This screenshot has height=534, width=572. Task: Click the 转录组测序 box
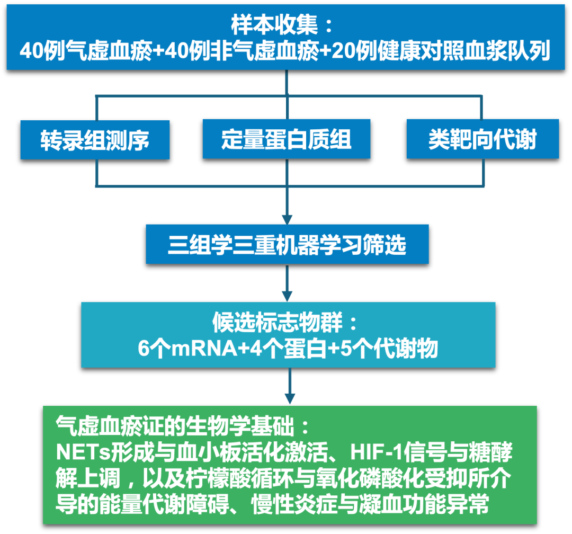tap(95, 140)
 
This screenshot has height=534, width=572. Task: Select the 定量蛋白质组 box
tap(287, 139)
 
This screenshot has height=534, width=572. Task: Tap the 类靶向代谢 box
tap(482, 139)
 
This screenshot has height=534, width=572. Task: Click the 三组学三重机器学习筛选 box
tap(287, 244)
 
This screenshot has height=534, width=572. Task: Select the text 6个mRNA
tap(187, 348)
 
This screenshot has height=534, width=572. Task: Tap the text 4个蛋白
tap(288, 348)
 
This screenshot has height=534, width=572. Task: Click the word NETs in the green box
tap(83, 452)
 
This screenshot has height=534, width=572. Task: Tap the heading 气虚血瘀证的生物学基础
tap(175, 425)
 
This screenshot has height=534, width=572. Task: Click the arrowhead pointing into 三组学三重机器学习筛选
tap(287, 219)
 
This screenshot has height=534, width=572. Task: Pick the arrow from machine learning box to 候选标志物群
tap(287, 283)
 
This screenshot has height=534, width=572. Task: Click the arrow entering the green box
tap(290, 387)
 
